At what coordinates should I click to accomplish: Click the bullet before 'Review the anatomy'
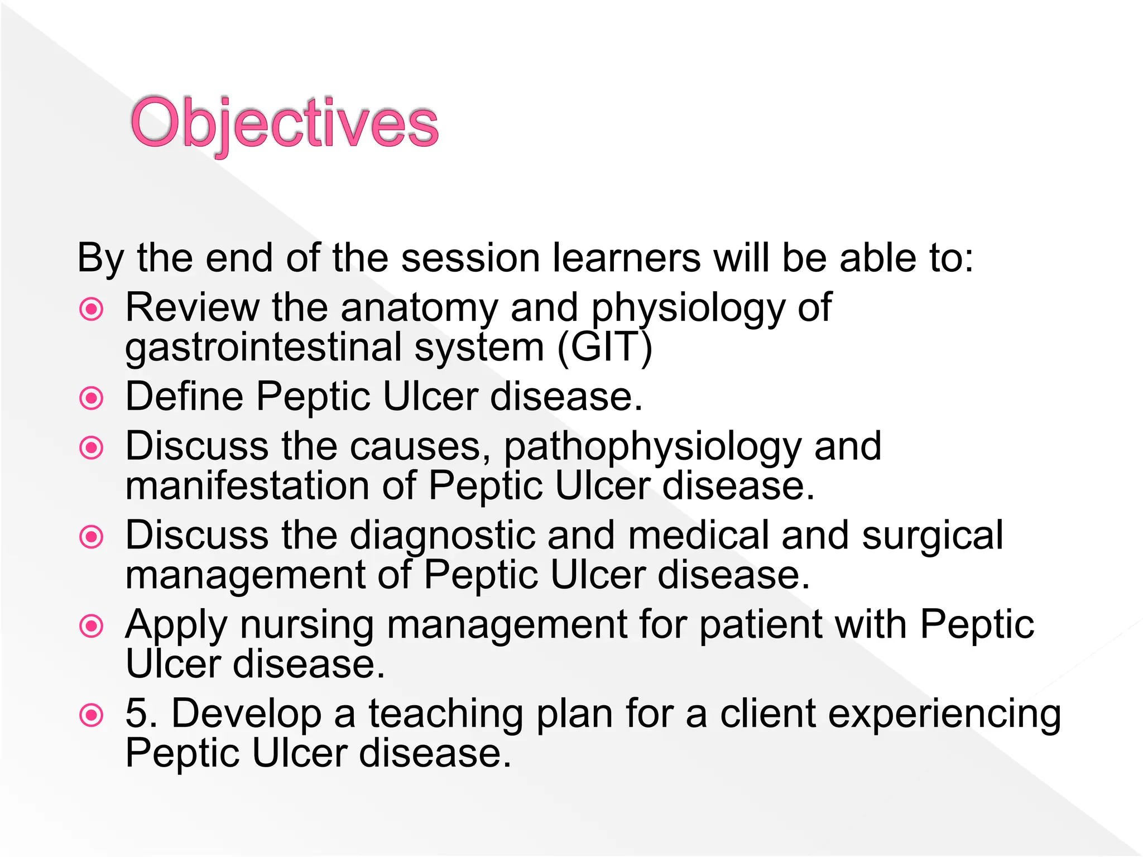coord(92,309)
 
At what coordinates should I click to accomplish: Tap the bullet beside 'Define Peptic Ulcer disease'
coord(92,398)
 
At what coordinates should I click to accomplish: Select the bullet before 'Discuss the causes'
coord(92,447)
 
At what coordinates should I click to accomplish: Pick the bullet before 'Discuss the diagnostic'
coord(92,537)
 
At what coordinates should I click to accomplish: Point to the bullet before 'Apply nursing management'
coord(92,626)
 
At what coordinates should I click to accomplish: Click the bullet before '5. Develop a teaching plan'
coord(92,715)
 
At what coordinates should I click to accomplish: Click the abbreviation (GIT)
coord(604,347)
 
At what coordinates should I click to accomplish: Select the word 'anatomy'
coord(419,309)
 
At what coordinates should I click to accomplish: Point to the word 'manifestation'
coord(247,485)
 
